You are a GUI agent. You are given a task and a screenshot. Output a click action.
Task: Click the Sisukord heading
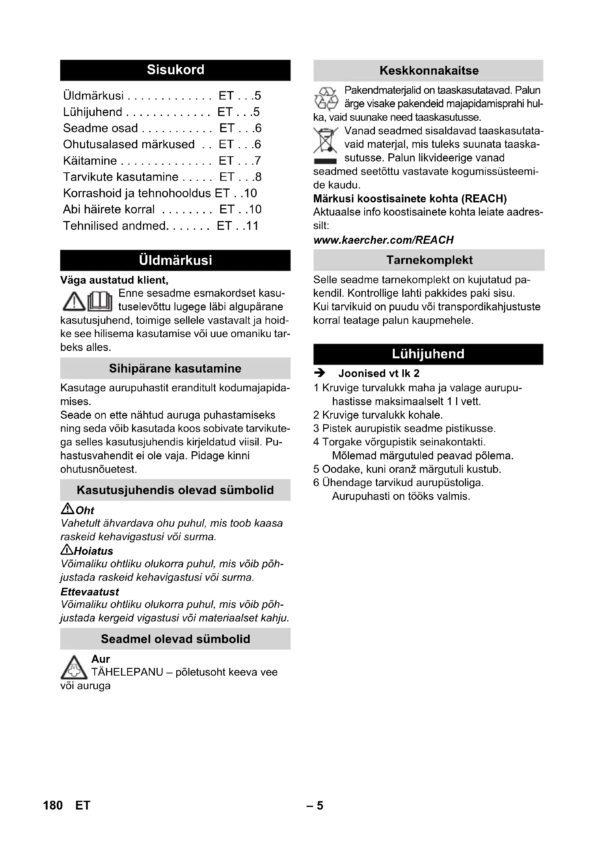click(175, 70)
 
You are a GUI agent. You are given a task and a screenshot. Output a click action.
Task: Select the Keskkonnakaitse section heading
click(428, 71)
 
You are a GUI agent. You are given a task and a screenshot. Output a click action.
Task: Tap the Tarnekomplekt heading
click(429, 260)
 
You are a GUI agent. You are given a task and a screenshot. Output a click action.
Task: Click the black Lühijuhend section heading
click(428, 354)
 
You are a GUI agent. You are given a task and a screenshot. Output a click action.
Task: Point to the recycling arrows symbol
click(326, 99)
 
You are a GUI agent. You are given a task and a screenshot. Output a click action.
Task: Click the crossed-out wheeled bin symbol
click(325, 140)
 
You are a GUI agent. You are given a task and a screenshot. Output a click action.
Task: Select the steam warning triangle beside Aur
click(74, 668)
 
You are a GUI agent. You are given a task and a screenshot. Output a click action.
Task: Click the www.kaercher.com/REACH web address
click(383, 240)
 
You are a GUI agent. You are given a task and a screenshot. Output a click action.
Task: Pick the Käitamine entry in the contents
click(90, 161)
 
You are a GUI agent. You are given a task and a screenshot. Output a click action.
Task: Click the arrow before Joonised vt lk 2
click(320, 373)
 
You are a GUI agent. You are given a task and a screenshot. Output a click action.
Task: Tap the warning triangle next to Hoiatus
click(67, 550)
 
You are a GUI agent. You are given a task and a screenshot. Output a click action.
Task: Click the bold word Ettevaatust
click(90, 592)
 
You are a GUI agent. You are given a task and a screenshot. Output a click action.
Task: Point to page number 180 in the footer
click(53, 805)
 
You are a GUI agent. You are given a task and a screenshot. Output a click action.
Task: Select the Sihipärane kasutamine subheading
click(175, 369)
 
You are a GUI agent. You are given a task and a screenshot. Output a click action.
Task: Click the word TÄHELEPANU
click(127, 672)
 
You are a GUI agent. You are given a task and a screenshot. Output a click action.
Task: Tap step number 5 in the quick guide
click(316, 469)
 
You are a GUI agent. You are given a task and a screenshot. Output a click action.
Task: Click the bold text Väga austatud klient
click(114, 280)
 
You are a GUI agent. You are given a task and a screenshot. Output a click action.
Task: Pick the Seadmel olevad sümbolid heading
click(175, 639)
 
